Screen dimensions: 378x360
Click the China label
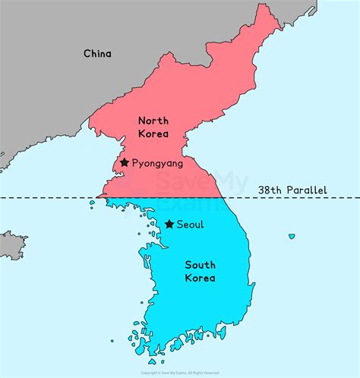pos(97,53)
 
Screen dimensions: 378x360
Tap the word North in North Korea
pos(153,120)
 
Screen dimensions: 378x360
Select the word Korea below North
pos(153,134)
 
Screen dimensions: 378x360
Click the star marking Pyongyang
pos(124,162)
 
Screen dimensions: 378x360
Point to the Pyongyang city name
pos(157,163)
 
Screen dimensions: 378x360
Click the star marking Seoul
pos(169,224)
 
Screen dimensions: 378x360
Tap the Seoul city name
pos(190,225)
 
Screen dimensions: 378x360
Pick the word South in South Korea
pos(200,264)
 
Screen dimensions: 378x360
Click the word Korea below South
pos(200,278)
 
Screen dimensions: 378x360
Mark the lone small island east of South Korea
pos(292,237)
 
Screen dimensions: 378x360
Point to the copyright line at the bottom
pos(180,373)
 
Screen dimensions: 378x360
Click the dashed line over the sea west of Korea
pos(46,198)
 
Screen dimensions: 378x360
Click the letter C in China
pos(87,53)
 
